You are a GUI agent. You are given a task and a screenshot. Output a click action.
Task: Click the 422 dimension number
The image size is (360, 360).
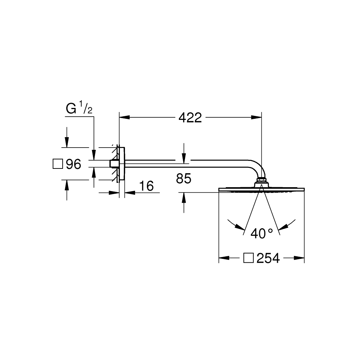coord(190,118)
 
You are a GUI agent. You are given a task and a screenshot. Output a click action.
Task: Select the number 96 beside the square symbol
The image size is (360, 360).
coord(73,164)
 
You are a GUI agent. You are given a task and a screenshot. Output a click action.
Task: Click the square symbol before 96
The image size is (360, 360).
coord(58,164)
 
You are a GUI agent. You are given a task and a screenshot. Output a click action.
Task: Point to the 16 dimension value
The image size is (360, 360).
coord(147,186)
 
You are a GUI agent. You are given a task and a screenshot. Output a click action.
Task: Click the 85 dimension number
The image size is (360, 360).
coord(184,179)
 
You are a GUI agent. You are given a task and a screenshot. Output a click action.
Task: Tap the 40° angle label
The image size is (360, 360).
coord(262,234)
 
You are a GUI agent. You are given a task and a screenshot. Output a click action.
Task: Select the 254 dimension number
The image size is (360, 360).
coord(268,258)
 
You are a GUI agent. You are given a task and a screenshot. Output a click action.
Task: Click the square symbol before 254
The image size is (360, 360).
coord(248,258)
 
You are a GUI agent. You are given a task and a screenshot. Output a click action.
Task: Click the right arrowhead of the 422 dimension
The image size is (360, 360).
coord(256,117)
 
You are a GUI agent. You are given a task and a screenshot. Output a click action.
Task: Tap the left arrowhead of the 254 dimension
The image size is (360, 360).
coord(224,258)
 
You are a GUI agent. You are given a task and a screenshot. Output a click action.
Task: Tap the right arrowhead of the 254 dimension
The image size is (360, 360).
coord(299,258)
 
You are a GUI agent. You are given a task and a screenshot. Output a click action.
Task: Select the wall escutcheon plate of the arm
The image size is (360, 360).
coord(122,164)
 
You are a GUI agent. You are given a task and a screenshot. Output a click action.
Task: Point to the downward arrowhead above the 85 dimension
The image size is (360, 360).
coord(184,158)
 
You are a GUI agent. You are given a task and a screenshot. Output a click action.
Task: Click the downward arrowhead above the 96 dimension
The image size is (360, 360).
coord(67,142)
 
